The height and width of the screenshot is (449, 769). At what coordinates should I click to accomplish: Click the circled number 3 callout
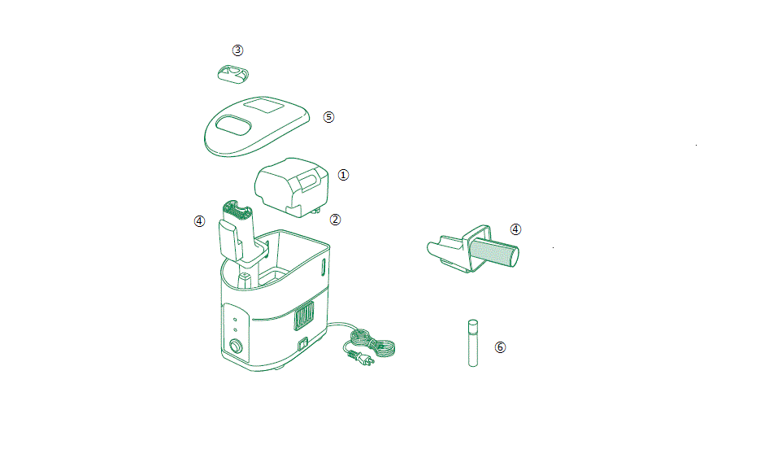pyautogui.click(x=237, y=50)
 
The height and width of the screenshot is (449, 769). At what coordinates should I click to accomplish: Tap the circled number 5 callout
pyautogui.click(x=328, y=117)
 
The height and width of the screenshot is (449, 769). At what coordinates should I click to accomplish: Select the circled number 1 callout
pyautogui.click(x=343, y=175)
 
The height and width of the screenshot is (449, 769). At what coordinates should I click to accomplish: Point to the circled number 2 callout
pyautogui.click(x=335, y=220)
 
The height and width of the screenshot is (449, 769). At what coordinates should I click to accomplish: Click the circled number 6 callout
pyautogui.click(x=500, y=347)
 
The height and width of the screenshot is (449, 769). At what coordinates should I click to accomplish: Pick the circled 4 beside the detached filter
pyautogui.click(x=515, y=229)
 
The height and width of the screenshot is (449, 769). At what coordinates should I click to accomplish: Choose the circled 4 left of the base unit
pyautogui.click(x=199, y=221)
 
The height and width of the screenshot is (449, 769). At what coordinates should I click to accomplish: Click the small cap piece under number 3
pyautogui.click(x=233, y=74)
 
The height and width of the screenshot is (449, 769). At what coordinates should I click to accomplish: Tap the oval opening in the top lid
pyautogui.click(x=233, y=125)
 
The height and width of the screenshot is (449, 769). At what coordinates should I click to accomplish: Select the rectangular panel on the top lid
pyautogui.click(x=264, y=106)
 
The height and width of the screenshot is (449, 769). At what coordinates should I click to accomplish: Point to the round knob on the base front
pyautogui.click(x=237, y=347)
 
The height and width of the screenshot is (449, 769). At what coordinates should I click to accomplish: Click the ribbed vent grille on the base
pyautogui.click(x=303, y=316)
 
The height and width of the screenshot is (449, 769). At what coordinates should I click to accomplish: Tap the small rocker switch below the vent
pyautogui.click(x=302, y=344)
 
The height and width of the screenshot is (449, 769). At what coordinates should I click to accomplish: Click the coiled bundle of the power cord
pyautogui.click(x=374, y=342)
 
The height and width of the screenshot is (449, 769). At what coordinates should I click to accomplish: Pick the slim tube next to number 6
pyautogui.click(x=473, y=343)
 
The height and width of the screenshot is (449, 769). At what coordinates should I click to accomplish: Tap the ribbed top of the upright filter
pyautogui.click(x=237, y=210)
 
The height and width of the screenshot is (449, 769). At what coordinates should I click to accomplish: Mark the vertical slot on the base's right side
pyautogui.click(x=324, y=268)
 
